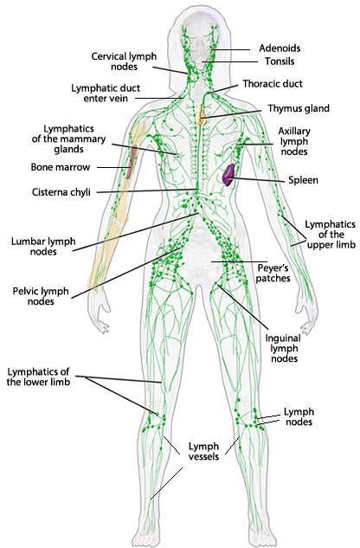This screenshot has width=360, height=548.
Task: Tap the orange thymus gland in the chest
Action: (x=202, y=112)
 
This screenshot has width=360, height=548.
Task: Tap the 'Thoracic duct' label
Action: (x=271, y=85)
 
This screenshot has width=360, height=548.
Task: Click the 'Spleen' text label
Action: (x=303, y=181)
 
